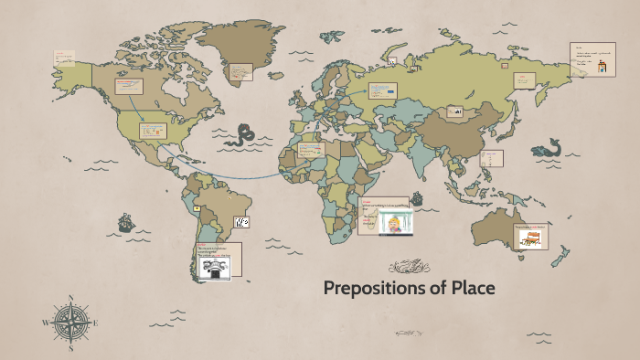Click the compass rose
pos(70,322)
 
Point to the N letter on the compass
pos(70,298)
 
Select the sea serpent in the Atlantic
pos(242,135)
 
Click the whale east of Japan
pos(548,148)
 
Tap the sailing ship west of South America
pos(125,222)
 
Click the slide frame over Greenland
pos(240,70)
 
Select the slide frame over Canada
pos(130,87)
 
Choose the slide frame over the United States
pos(152,130)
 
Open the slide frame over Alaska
pos(64,58)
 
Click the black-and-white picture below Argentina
pos(214,267)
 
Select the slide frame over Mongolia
pos(454,111)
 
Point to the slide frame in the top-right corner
pos(592,59)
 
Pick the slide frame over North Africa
pos(311,149)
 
